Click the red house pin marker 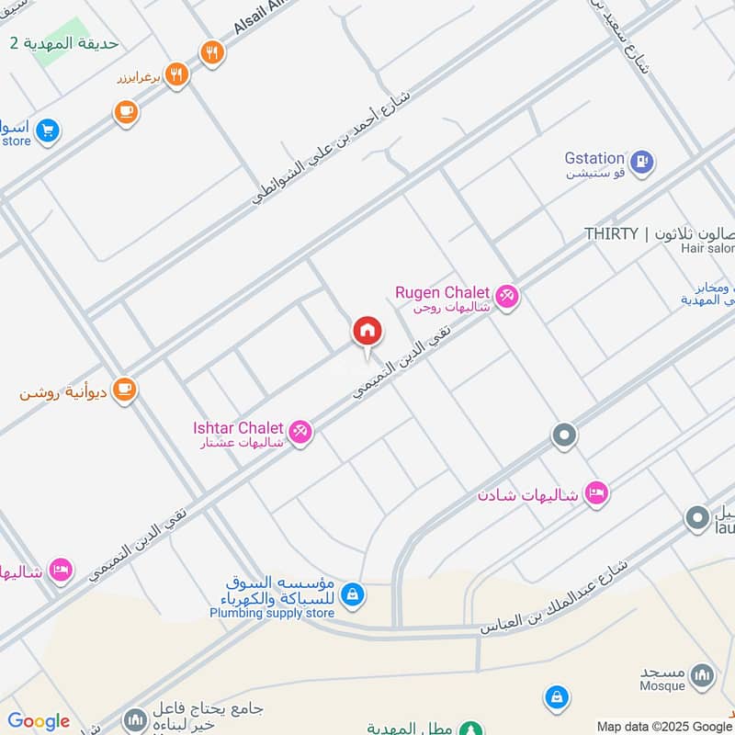367,332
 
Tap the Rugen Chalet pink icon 506,297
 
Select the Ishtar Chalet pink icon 300,431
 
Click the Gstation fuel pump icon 644,162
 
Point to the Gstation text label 594,159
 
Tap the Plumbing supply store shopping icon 351,596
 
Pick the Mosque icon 702,675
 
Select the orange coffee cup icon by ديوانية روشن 124,390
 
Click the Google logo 39,721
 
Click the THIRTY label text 611,234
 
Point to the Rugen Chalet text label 442,292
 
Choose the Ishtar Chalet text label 238,428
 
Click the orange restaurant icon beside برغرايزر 177,74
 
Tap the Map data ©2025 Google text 664,726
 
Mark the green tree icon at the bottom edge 471,729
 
